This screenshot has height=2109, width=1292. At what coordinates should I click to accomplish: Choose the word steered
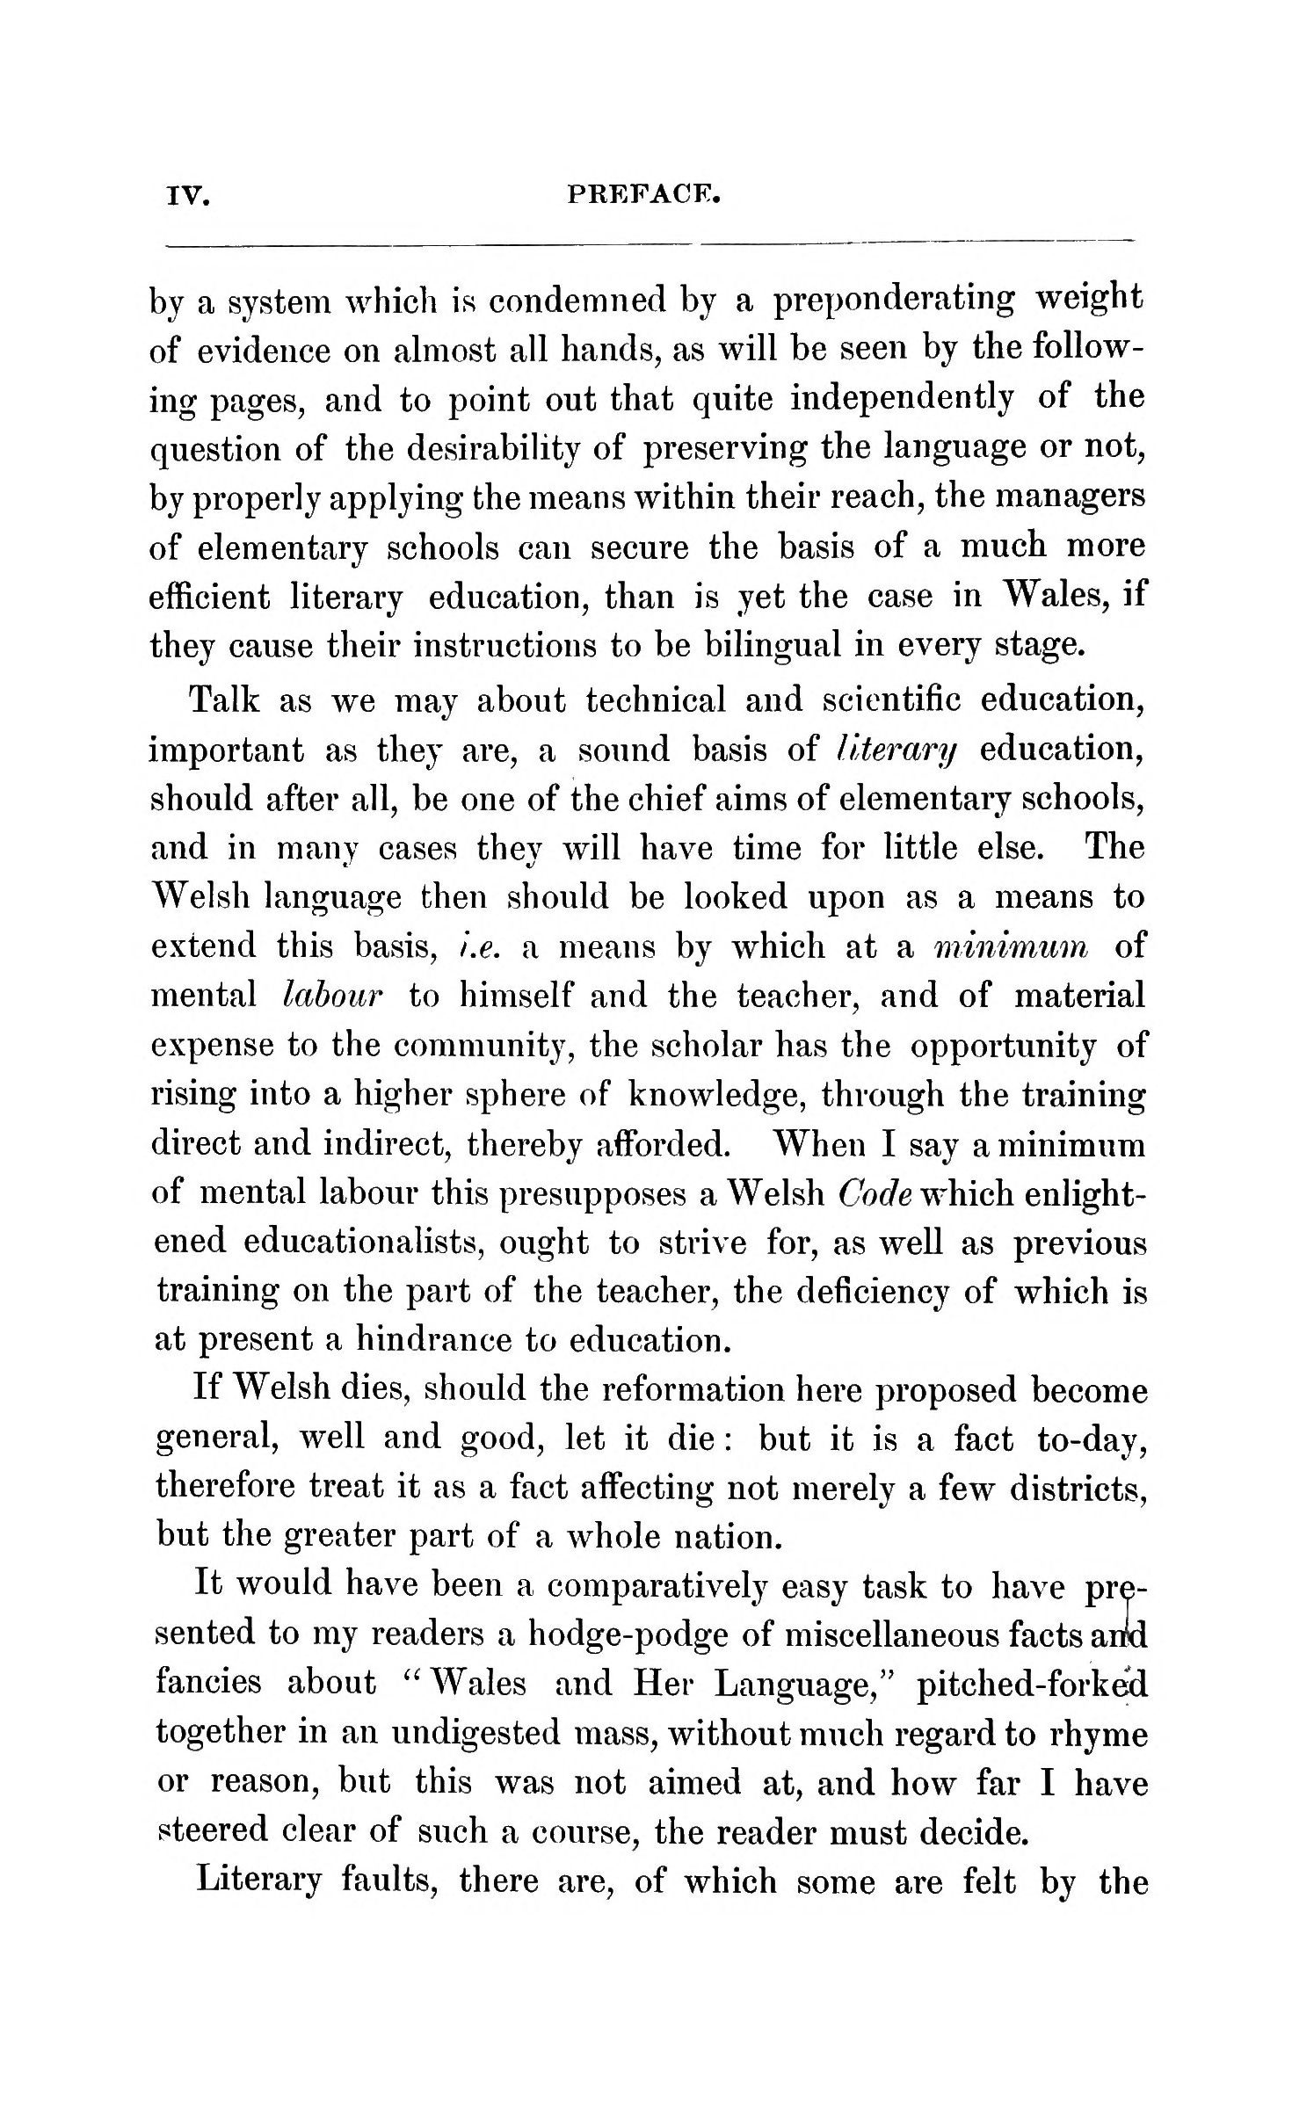pos(207,1831)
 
